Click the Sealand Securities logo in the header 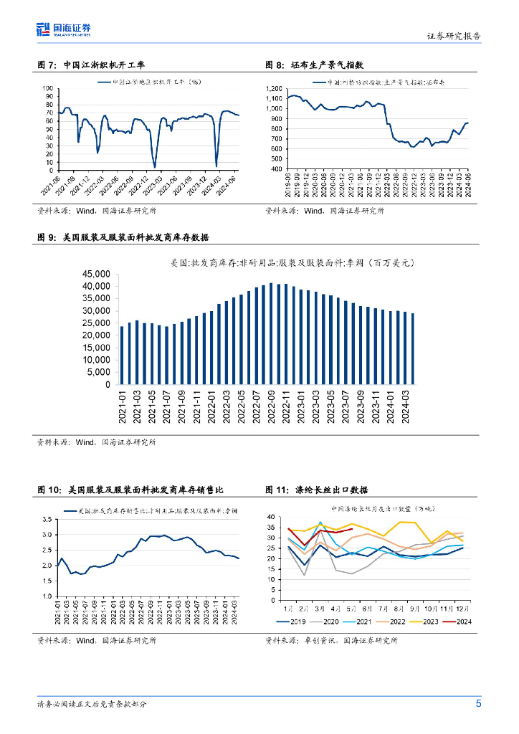click(64, 29)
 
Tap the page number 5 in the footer click(478, 703)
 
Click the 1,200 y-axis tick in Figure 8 click(275, 88)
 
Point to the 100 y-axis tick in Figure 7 click(49, 88)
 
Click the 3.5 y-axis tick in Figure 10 click(47, 519)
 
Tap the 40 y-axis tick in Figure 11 click(272, 517)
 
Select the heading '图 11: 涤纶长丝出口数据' click(316, 490)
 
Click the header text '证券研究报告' click(454, 35)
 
